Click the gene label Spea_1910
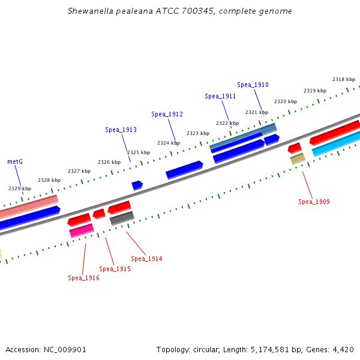[253, 85]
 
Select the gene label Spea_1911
[220, 96]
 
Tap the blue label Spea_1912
[167, 114]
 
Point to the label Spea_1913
[121, 130]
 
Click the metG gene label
[15, 161]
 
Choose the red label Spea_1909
[314, 202]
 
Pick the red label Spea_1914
[146, 259]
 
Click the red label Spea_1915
[115, 269]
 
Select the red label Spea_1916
[83, 278]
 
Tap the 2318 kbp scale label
[344, 79]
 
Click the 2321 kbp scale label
[257, 112]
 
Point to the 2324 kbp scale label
[169, 143]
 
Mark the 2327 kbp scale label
[79, 171]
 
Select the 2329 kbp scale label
[20, 188]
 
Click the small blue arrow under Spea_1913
[137, 185]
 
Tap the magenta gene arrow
[82, 230]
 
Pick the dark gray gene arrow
[122, 218]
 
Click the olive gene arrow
[298, 158]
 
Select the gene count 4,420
[343, 349]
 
